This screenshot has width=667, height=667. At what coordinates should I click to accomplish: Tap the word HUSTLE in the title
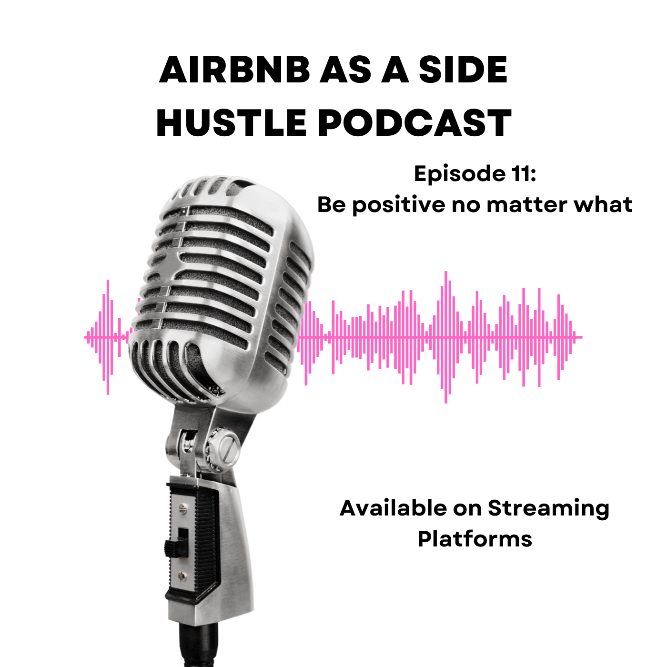[x=232, y=123]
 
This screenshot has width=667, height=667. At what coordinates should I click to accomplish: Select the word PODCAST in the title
[x=414, y=123]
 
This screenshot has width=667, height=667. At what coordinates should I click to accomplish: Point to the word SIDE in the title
[x=463, y=70]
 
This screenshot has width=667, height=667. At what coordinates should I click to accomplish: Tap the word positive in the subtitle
[x=399, y=205]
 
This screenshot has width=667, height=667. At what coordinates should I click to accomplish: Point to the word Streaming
[x=549, y=509]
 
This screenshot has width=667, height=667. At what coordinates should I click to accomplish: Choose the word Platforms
[x=475, y=539]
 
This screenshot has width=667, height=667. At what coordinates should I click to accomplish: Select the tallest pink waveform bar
[x=446, y=337]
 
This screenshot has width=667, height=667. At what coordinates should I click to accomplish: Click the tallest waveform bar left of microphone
[x=108, y=337]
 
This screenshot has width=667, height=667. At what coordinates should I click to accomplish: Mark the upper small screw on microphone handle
[x=182, y=508]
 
